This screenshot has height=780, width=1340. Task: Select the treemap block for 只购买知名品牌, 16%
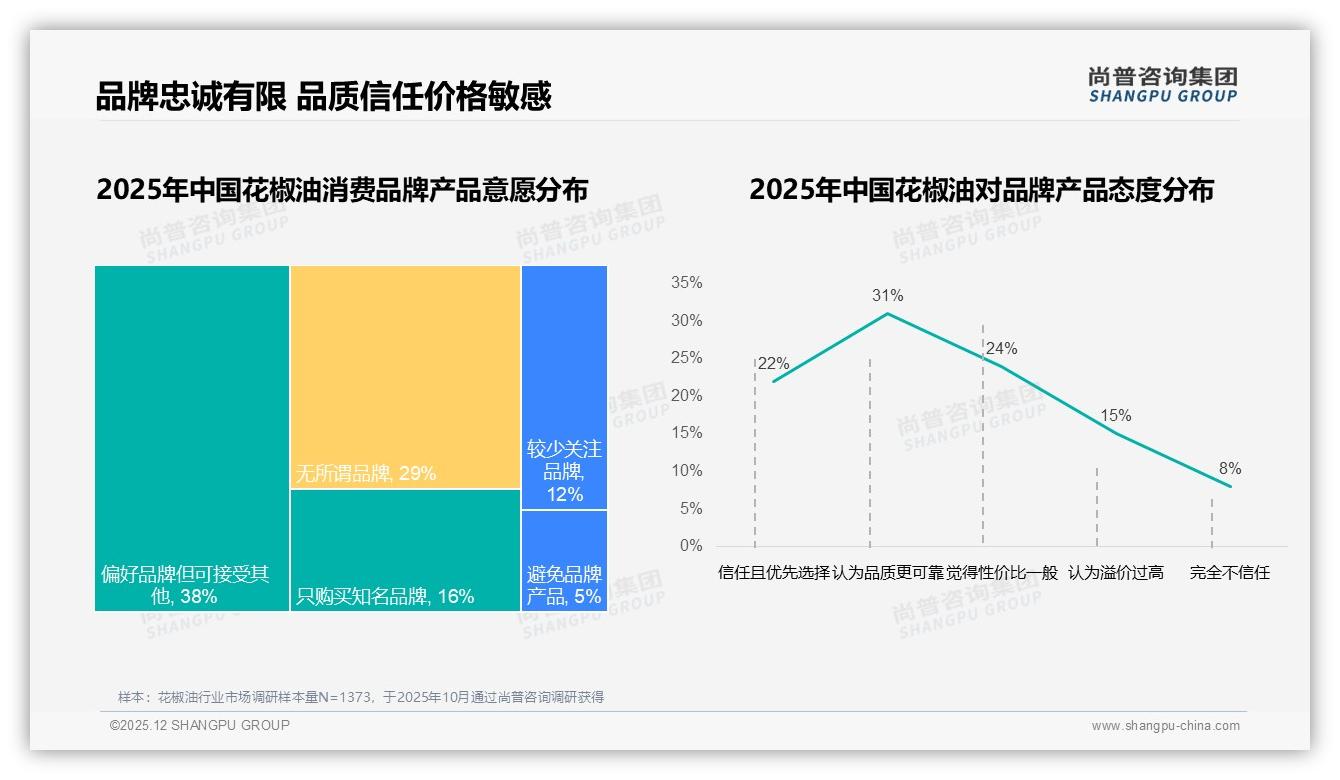pos(405,550)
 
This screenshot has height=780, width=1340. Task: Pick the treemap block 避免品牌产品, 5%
pos(564,560)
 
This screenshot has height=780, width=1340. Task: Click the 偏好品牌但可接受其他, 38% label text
pos(185,586)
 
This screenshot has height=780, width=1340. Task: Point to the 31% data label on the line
pos(887,296)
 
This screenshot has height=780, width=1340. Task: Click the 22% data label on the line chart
pos(773,364)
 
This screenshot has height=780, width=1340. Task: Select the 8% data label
pos(1229,469)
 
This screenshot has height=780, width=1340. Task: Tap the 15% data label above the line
pos(1115,416)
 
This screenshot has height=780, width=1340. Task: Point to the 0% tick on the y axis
pos(691,546)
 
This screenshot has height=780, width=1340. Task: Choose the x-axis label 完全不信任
pos(1229,574)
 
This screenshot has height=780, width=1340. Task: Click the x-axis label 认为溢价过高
pos(1115,574)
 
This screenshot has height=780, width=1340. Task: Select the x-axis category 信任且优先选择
pos(773,574)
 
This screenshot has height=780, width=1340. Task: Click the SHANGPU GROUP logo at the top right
pos(1162,85)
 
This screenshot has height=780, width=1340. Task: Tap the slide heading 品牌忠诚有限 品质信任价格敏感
pos(323,97)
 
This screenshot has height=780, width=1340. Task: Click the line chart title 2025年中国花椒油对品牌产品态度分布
pos(980,190)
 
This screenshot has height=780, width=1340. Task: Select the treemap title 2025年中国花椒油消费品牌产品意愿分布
pos(342,190)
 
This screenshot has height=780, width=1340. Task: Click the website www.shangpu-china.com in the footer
pos(1165,726)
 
